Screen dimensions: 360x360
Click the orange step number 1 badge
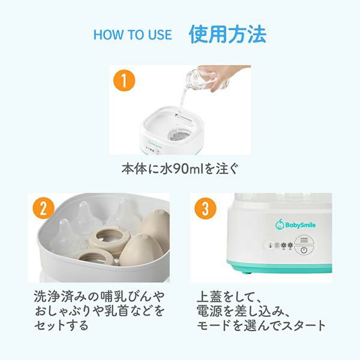point(124,80)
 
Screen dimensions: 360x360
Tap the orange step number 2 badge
point(44,209)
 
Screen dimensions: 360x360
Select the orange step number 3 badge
point(205,209)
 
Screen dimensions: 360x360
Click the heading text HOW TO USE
point(133,35)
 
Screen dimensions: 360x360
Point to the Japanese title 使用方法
point(227,34)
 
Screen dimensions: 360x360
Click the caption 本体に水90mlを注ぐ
point(180,169)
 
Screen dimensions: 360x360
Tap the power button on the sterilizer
point(304,250)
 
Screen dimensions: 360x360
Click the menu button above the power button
point(304,240)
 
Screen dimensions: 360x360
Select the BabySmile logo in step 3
point(295,224)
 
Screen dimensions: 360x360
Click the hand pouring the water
point(224,76)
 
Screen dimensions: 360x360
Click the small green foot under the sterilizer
point(247,273)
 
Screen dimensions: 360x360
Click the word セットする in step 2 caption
point(61,325)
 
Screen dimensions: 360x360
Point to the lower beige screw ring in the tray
point(97,257)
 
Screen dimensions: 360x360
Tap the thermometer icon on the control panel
point(271,245)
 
